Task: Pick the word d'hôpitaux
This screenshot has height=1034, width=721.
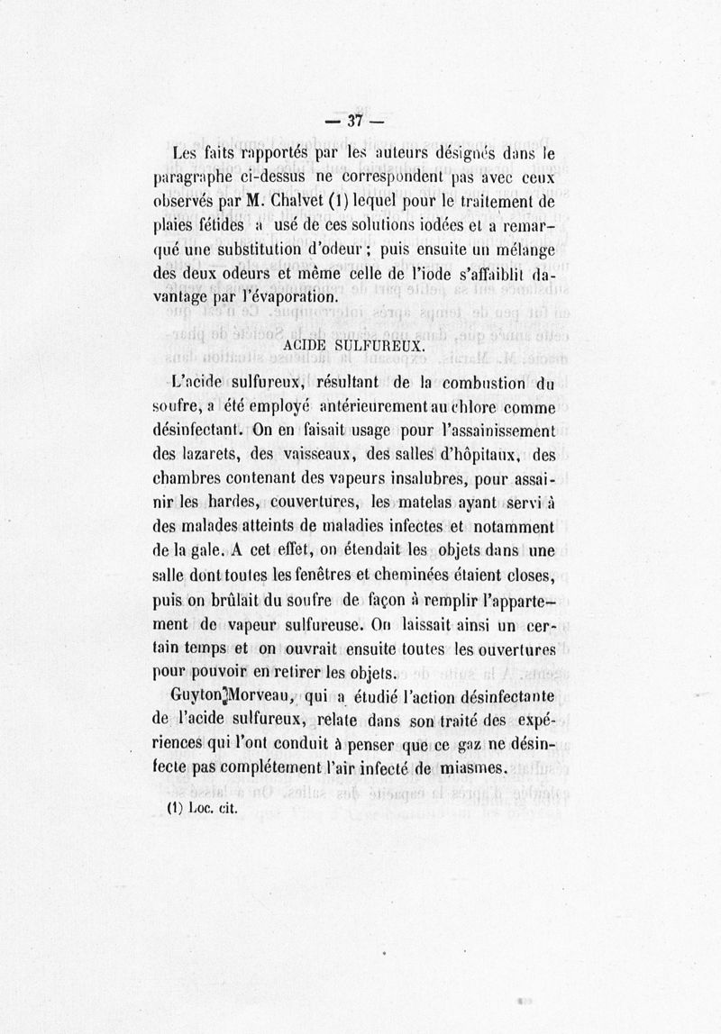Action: pyautogui.click(x=479, y=454)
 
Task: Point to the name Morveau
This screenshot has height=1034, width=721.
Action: pyautogui.click(x=258, y=696)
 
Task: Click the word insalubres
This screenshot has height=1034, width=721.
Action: pyautogui.click(x=455, y=478)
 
